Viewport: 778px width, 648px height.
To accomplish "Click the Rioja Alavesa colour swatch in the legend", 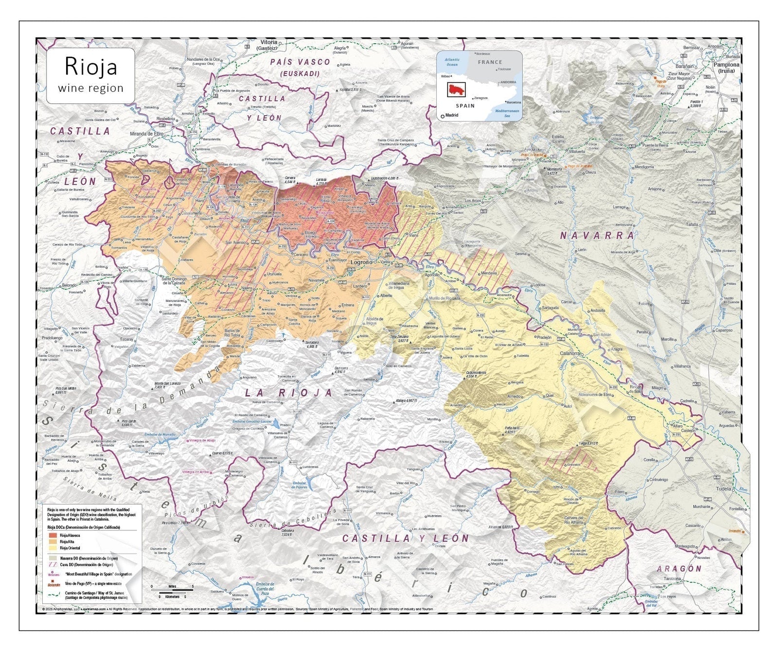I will coord(53,535).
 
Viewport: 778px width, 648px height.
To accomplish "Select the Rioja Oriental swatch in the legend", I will coord(53,548).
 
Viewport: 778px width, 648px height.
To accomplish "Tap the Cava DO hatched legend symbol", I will coord(53,565).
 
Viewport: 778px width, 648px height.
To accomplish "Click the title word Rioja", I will coord(91,67).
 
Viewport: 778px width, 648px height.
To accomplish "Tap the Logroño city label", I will coord(361,262).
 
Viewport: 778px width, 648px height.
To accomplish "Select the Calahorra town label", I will coord(570,353).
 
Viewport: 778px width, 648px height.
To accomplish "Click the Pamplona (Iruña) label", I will coord(726,67).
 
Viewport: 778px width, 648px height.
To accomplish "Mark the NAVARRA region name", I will coord(598,236).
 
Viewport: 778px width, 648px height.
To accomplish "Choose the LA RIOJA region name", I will coord(289,392).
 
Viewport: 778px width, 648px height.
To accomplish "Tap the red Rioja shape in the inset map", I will coord(456,89).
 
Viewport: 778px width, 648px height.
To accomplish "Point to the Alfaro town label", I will coord(677,425).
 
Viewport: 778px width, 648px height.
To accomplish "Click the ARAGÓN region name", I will coord(679,568).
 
